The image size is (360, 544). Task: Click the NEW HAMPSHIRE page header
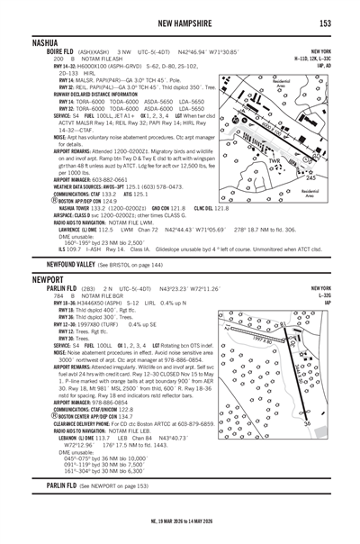pyautogui.click(x=181, y=21)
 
